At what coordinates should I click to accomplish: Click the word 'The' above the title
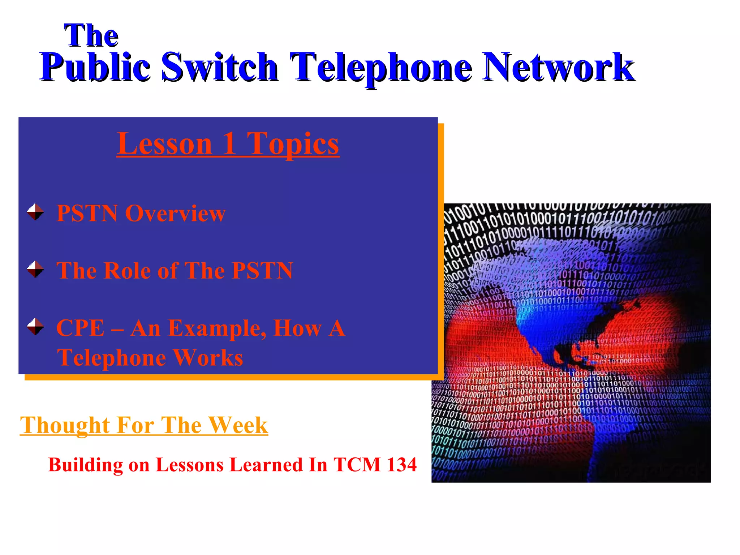[x=91, y=35]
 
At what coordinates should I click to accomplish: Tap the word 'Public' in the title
[x=95, y=67]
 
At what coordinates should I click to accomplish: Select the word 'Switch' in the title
[x=219, y=67]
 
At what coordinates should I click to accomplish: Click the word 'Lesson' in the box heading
[x=164, y=144]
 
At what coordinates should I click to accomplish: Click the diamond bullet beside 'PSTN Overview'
[x=35, y=212]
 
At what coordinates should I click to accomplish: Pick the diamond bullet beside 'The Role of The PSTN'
[x=35, y=269]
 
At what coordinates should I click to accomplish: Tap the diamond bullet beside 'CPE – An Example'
[x=35, y=327]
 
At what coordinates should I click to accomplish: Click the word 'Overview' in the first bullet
[x=175, y=213]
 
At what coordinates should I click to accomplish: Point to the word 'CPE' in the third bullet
[x=80, y=328]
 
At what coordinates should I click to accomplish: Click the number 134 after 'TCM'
[x=401, y=465]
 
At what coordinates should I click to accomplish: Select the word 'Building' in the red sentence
[x=86, y=465]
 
